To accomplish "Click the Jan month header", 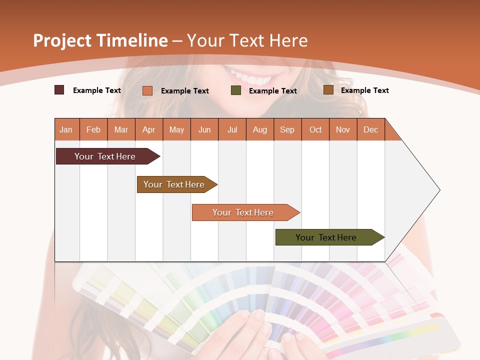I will click(x=66, y=129).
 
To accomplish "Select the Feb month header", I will click(x=93, y=129).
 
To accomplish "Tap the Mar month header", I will click(x=121, y=129).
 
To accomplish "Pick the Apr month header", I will click(x=149, y=129).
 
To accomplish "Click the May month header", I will click(x=176, y=129).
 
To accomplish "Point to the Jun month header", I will click(x=204, y=129).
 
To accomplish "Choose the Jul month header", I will click(x=232, y=129).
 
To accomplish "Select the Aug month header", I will click(x=260, y=129).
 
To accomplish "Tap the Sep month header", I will click(x=287, y=129).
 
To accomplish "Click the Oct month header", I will click(x=315, y=129).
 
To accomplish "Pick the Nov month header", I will click(x=343, y=129).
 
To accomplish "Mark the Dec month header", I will click(x=371, y=129).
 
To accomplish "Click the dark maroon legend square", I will click(x=59, y=90).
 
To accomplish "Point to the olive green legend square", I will click(x=236, y=90).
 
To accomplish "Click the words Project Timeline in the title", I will click(x=100, y=40).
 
